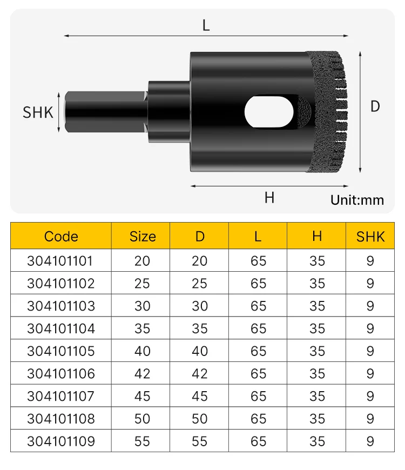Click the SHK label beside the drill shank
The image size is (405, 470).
click(38, 112)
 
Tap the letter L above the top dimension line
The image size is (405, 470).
click(206, 25)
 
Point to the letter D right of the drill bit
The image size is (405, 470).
click(375, 106)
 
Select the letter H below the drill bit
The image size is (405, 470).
click(269, 198)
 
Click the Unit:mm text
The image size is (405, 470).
click(357, 200)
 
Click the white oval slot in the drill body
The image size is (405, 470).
click(269, 111)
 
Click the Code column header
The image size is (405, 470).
click(61, 237)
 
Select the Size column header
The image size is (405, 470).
click(143, 237)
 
